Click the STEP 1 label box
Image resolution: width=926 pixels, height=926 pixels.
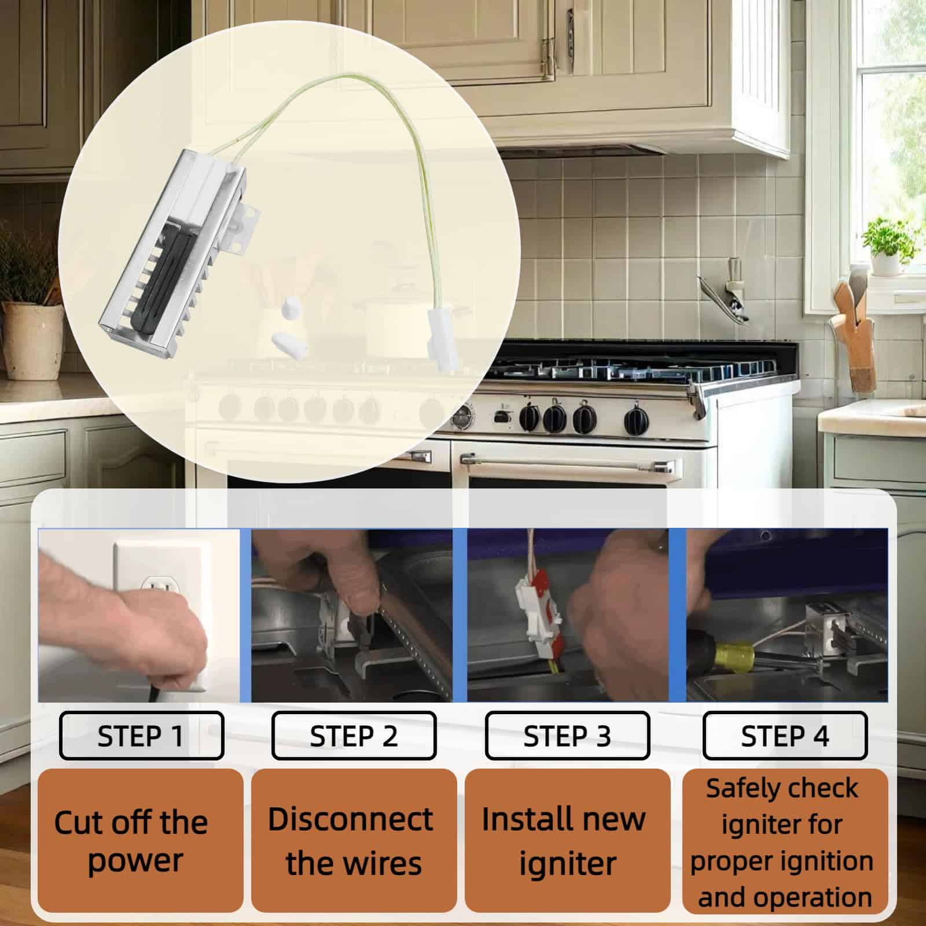click(x=141, y=735)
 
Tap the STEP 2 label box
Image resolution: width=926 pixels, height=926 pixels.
click(x=354, y=735)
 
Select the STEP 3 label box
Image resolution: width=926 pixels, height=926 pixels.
click(x=567, y=735)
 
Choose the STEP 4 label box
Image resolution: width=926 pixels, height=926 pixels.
click(x=785, y=735)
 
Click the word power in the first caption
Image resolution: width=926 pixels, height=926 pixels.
click(x=135, y=862)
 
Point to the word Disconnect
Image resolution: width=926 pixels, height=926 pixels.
click(x=351, y=819)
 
